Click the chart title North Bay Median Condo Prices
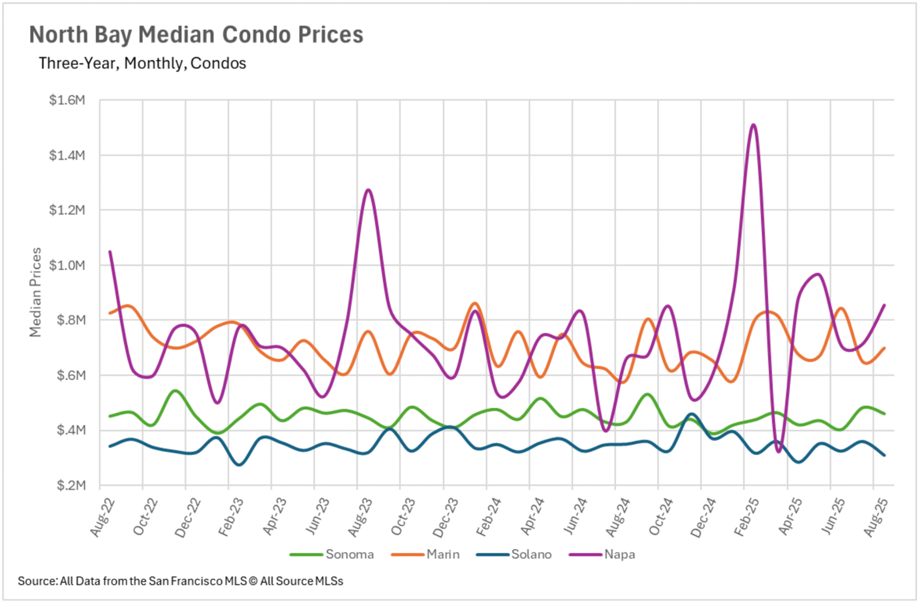coord(196,35)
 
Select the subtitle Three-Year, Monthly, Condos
coord(142,63)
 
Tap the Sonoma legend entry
coord(349,555)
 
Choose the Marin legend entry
coord(443,555)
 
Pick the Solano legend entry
coord(531,555)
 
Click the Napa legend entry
coord(619,555)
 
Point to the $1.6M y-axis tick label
coord(67,100)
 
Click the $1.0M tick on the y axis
coord(67,265)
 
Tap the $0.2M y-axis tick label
coord(71,485)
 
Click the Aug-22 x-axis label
coord(103,517)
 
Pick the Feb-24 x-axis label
coord(488,517)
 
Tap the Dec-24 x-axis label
coord(703,517)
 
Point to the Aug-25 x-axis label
coord(875,517)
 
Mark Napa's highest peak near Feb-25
coord(754,125)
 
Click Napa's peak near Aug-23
coord(368,190)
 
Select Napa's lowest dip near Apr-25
coord(778,451)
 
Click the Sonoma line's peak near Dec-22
coord(176,391)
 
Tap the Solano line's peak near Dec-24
coord(691,414)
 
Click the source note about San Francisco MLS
coord(180,581)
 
